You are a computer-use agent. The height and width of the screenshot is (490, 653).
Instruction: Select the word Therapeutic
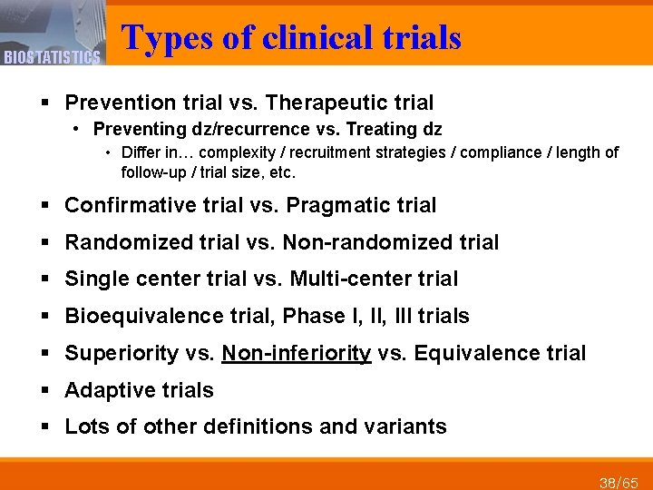340,103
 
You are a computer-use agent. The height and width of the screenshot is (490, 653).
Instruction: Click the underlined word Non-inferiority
297,353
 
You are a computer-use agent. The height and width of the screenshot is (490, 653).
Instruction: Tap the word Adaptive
105,390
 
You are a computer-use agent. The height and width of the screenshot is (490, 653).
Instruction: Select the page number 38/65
619,481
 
